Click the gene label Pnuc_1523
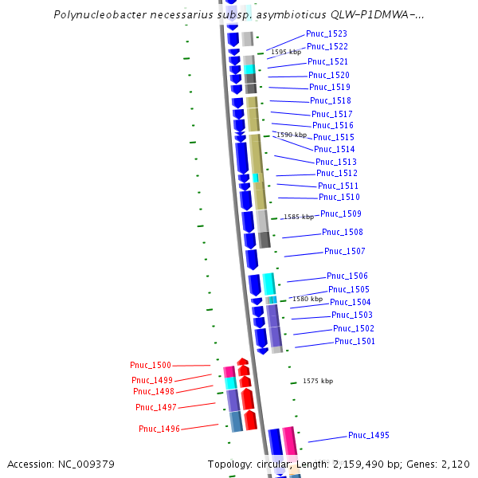(327, 33)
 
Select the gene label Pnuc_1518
(330, 100)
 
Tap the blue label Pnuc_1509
(340, 214)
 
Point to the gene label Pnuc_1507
(344, 251)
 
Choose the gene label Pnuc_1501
(355, 341)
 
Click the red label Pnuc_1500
(151, 365)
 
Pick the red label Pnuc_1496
(159, 429)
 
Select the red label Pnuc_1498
(153, 391)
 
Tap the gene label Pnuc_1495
(368, 435)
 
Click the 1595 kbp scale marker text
(285, 52)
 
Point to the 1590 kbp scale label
(291, 135)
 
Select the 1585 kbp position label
(299, 217)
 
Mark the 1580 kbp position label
(307, 299)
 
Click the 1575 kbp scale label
(317, 381)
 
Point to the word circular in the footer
(274, 464)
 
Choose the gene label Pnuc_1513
(336, 162)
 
